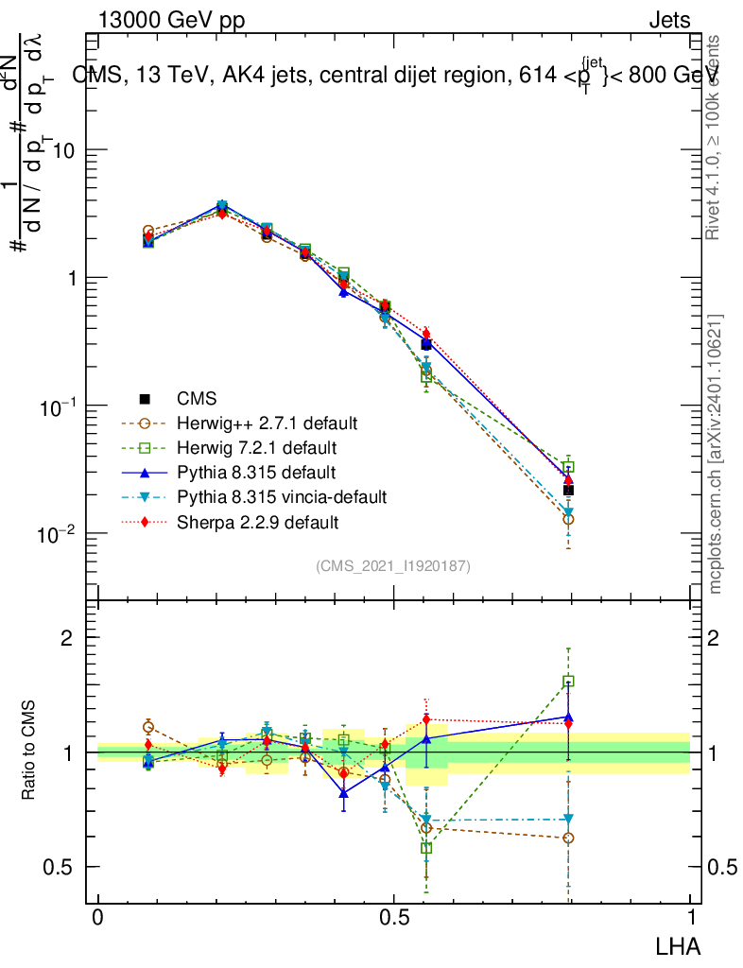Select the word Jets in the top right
[669, 21]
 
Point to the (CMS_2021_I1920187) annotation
[393, 565]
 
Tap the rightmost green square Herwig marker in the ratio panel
[568, 681]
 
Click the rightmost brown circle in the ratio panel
[568, 838]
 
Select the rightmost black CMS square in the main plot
[568, 490]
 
